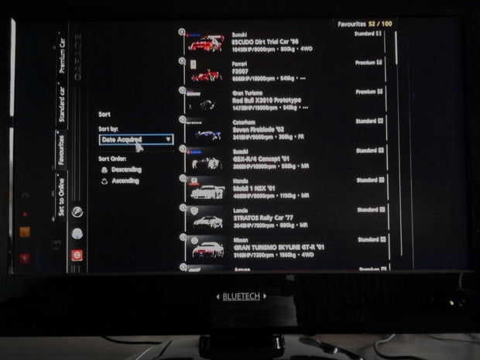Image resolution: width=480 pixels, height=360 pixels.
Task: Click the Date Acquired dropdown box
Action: [135, 139]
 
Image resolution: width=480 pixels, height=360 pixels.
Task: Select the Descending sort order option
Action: [125, 169]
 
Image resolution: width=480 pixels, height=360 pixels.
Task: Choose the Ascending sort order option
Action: [124, 181]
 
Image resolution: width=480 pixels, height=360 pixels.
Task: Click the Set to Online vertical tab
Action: [60, 197]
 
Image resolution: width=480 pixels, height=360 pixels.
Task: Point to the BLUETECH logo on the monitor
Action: [240, 296]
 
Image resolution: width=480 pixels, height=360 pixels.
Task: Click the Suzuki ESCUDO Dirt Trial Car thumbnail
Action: [206, 43]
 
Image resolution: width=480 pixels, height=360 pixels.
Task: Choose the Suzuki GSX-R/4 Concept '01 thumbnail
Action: [206, 163]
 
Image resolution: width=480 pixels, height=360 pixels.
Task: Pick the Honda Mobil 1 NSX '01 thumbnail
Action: [206, 192]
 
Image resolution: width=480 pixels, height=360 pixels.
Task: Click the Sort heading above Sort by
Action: [105, 114]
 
